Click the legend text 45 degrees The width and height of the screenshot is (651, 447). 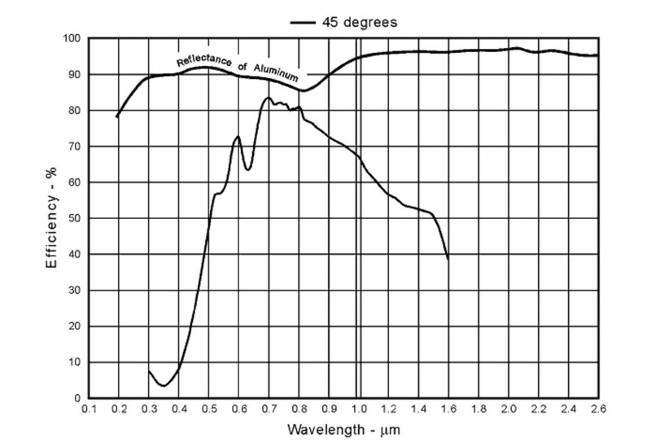[x=360, y=23]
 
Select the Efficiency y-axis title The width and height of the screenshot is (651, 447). [x=50, y=218]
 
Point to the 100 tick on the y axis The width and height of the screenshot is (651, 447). [x=70, y=38]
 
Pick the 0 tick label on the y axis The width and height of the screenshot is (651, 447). [x=76, y=397]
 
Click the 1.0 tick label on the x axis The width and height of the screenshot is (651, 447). [x=358, y=409]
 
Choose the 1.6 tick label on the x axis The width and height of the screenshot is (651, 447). [x=448, y=409]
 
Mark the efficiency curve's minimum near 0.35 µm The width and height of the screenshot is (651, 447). [x=164, y=385]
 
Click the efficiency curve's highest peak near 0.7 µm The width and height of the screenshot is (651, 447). [x=268, y=98]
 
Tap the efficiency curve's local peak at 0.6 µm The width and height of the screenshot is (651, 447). [x=238, y=137]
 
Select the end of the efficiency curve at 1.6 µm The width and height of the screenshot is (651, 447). [x=448, y=259]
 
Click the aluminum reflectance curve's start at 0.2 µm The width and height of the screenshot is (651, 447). [x=117, y=117]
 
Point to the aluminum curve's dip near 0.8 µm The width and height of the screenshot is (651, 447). [x=304, y=90]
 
